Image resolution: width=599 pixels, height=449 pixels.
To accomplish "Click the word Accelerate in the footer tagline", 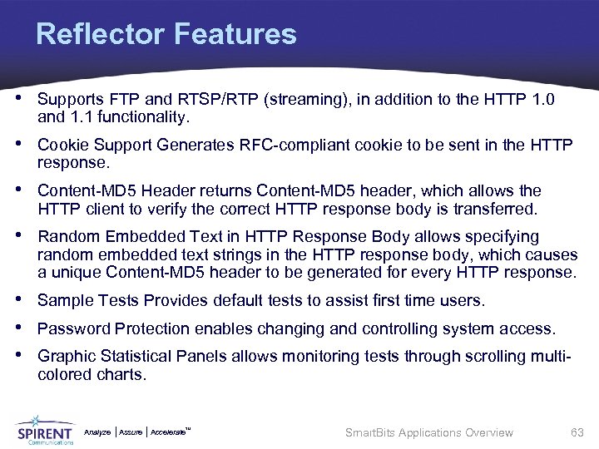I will click(169, 432).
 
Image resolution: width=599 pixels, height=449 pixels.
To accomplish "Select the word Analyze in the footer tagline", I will click(97, 432).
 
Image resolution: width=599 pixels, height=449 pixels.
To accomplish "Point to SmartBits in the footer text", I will click(369, 432).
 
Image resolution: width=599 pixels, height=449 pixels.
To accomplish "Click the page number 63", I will click(577, 432).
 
